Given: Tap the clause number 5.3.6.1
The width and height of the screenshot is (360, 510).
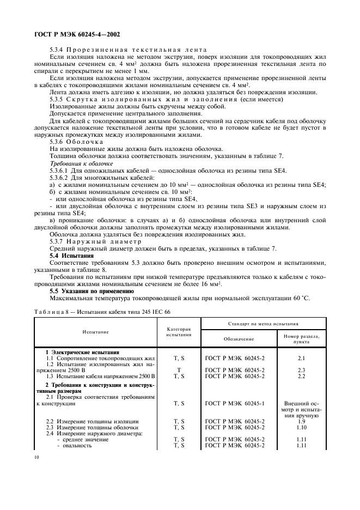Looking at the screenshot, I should [x=60, y=171].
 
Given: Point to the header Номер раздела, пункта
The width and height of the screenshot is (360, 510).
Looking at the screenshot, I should [x=302, y=338].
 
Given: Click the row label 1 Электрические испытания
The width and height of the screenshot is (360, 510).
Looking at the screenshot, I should [x=82, y=352].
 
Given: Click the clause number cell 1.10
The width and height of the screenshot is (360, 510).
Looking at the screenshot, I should [x=302, y=427].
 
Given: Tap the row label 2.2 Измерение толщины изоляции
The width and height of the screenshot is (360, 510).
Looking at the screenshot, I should [x=92, y=421].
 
